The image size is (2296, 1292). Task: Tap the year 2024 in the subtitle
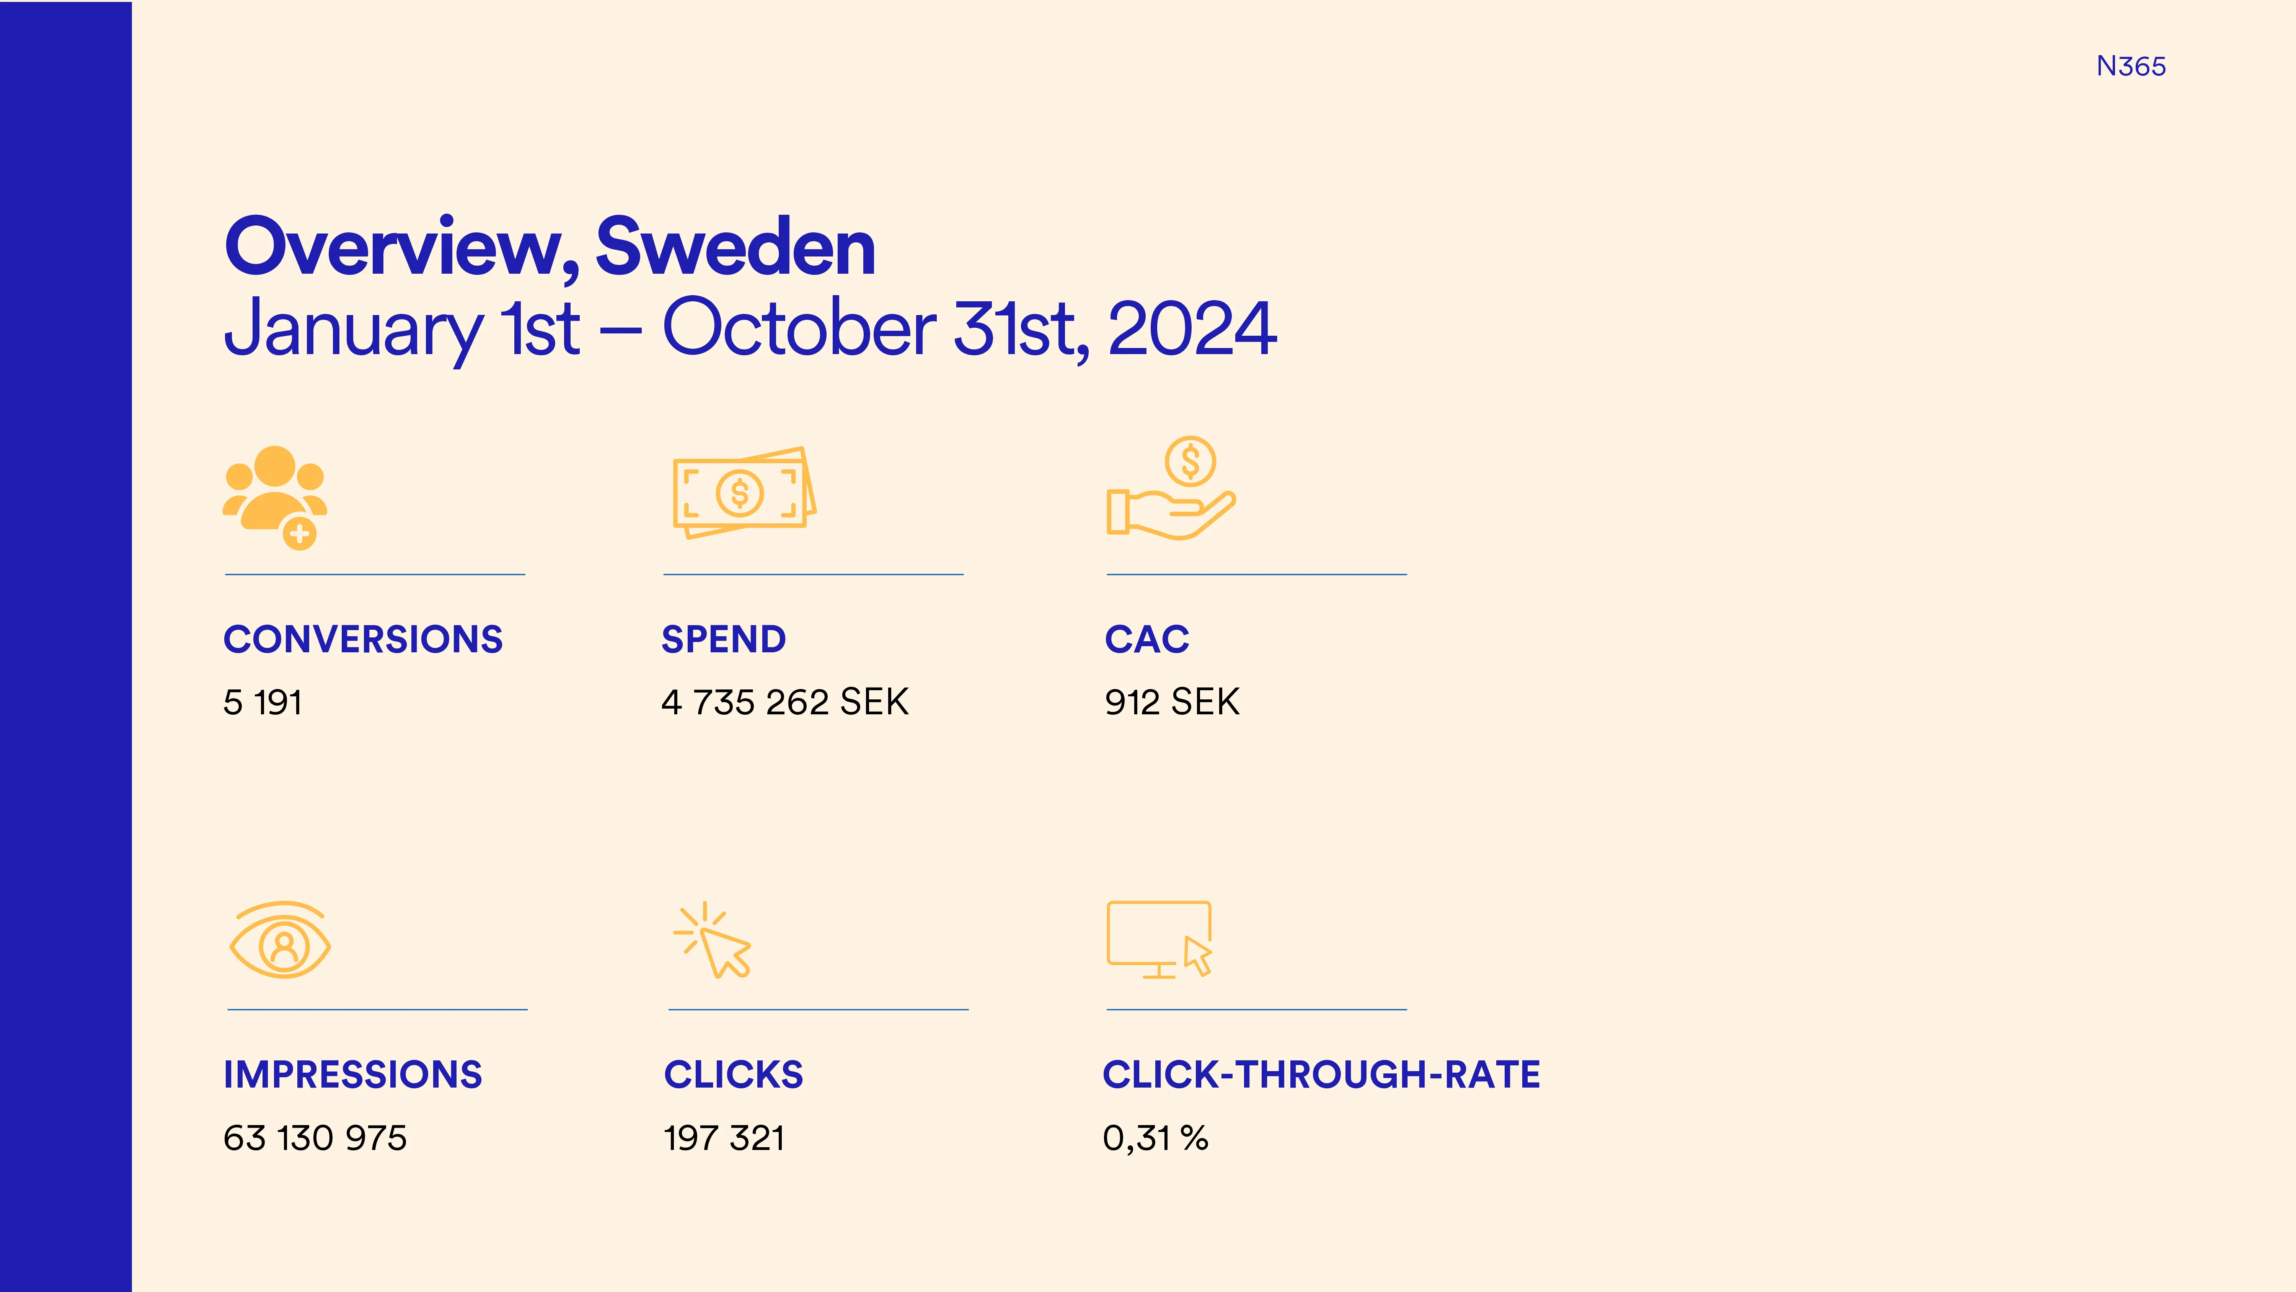click(x=1192, y=328)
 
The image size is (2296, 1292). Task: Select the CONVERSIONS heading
click(x=363, y=639)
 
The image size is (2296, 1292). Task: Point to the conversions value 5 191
click(x=262, y=702)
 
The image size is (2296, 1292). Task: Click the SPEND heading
click(x=724, y=639)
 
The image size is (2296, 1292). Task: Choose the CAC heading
click(x=1147, y=639)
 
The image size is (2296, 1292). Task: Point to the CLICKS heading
click(x=734, y=1075)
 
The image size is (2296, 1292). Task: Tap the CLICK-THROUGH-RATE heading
click(x=1321, y=1075)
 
